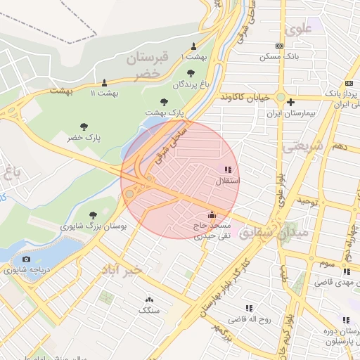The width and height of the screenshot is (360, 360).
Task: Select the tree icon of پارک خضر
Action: click(84, 127)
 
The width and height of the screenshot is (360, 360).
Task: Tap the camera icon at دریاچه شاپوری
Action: click(27, 259)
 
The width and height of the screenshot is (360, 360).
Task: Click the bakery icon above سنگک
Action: click(148, 299)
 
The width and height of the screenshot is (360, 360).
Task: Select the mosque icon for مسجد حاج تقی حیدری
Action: click(212, 214)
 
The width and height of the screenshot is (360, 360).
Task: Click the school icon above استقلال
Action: click(227, 169)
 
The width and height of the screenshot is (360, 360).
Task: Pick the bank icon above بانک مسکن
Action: click(280, 46)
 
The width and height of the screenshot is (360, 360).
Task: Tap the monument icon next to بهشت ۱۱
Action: click(105, 82)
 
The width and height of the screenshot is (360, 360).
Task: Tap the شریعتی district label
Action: click(303, 146)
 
